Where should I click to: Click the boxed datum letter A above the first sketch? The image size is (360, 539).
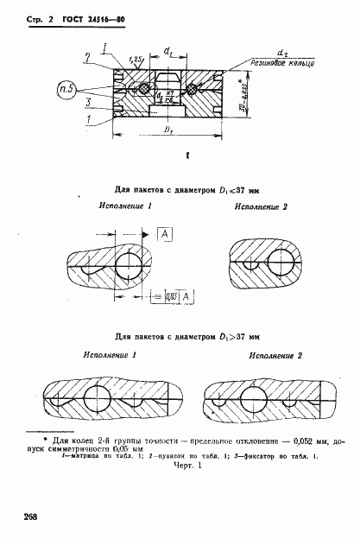click(x=164, y=233)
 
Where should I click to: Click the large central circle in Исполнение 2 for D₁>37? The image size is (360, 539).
click(x=255, y=398)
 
